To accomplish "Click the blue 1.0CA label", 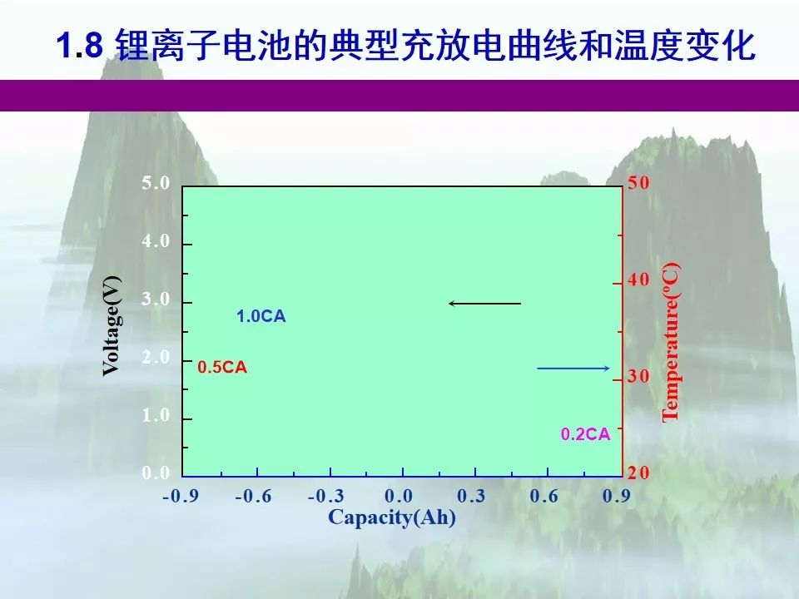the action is click(261, 316).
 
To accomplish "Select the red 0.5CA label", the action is click(222, 367).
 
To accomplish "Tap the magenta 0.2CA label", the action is click(585, 434).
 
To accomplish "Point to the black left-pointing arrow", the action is click(484, 304).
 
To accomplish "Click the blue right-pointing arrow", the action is click(573, 369).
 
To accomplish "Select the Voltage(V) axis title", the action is click(112, 326).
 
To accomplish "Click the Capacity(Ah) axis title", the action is click(392, 517).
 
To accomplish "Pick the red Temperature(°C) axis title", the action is click(671, 342).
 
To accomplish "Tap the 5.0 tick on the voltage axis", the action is click(156, 183).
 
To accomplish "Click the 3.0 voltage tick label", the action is click(156, 299).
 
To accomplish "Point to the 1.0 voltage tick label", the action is click(156, 415).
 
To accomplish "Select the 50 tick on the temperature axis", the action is click(638, 182).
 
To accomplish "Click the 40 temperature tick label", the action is click(638, 280).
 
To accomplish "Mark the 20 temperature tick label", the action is click(638, 473).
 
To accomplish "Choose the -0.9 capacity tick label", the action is click(181, 496).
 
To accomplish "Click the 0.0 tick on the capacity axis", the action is click(399, 496).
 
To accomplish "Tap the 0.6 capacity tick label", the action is click(543, 496).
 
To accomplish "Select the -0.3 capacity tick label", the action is click(326, 496).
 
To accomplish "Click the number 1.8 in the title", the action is click(80, 45).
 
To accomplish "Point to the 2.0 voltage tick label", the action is click(156, 357).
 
